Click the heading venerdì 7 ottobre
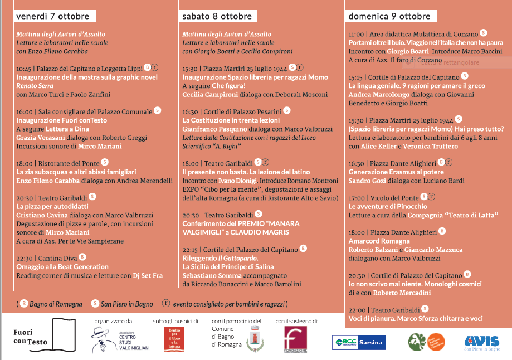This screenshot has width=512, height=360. pyautogui.click(x=52, y=16)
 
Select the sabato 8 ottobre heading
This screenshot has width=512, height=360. pyautogui.click(x=217, y=16)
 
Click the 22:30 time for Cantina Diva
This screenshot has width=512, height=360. pyautogui.click(x=25, y=259)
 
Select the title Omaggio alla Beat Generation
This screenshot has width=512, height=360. pyautogui.click(x=62, y=266)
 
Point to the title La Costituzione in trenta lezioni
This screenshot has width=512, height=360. pyautogui.click(x=231, y=120)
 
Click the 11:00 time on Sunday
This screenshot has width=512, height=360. pyautogui.click(x=356, y=34)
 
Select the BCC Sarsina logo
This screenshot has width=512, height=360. pyautogui.click(x=359, y=342)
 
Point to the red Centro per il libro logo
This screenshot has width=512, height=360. pyautogui.click(x=175, y=339)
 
